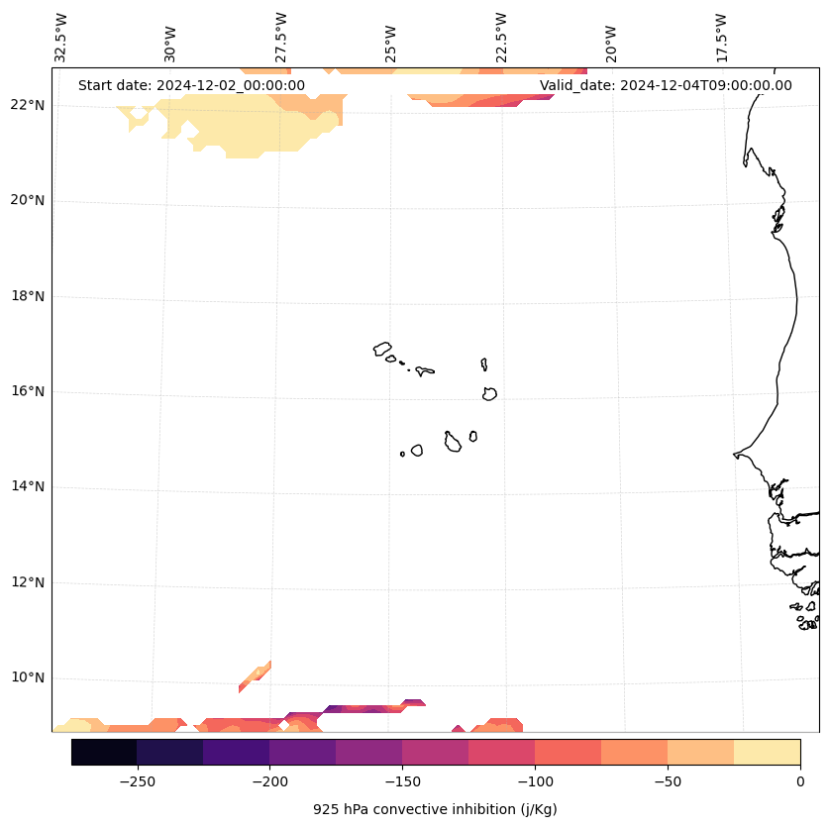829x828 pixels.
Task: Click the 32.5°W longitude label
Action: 61,37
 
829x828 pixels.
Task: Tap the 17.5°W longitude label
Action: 721,37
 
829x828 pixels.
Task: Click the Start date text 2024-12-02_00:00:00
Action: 191,85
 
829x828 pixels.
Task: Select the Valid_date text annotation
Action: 666,85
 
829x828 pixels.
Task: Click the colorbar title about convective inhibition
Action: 435,809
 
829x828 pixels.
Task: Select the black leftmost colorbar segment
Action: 104,752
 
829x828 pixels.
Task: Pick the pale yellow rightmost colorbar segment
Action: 767,752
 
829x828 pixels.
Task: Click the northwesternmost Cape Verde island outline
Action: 382,349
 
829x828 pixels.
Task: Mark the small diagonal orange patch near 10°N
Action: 255,676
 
